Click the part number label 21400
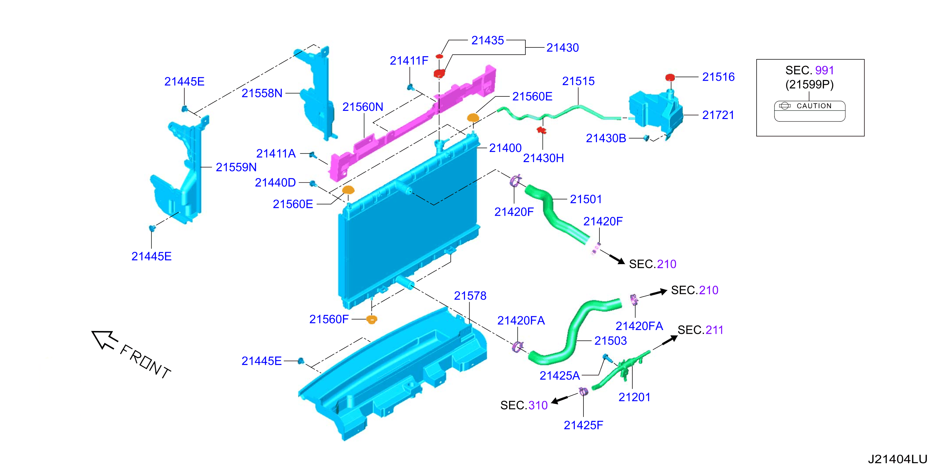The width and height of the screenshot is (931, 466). [505, 148]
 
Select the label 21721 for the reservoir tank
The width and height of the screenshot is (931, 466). [718, 115]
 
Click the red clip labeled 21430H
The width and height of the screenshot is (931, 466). [541, 130]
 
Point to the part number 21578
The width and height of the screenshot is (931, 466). [470, 296]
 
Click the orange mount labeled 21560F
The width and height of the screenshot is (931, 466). [371, 319]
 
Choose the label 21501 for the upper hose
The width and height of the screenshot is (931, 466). [586, 199]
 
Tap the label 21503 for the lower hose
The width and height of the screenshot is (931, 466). [611, 341]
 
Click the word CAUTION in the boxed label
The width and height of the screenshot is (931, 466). [814, 106]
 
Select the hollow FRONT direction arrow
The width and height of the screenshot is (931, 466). [104, 340]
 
